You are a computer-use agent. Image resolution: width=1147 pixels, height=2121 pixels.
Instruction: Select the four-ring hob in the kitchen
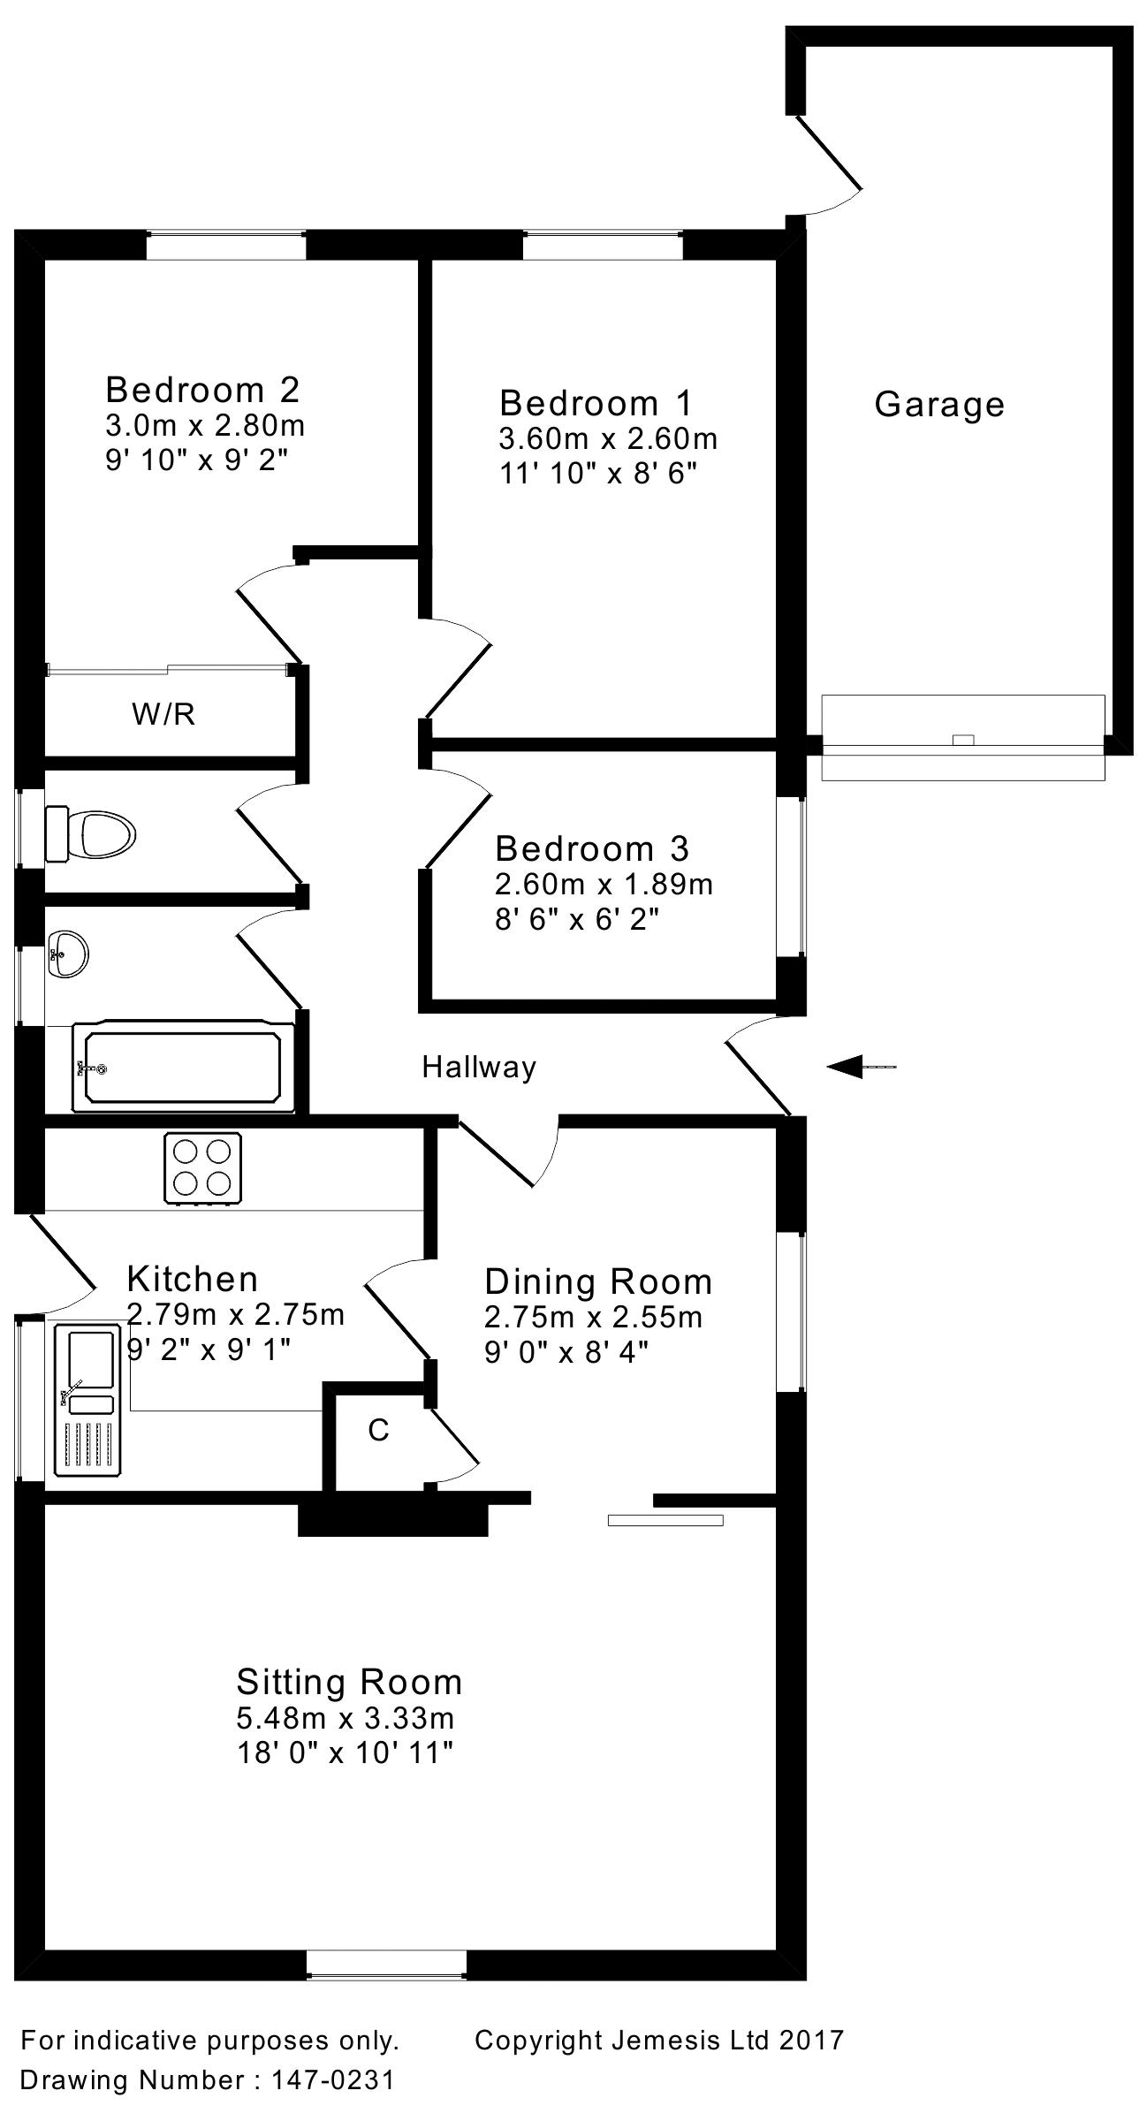[202, 1167]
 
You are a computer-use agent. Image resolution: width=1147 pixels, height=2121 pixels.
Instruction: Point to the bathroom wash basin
[67, 954]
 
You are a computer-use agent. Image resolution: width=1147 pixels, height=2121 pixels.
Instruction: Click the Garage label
[939, 405]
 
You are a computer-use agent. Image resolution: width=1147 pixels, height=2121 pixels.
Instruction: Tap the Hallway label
[479, 1068]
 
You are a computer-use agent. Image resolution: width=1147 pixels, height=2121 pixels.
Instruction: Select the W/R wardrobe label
[163, 713]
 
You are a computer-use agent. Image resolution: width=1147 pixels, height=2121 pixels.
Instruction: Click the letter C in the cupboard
[378, 1429]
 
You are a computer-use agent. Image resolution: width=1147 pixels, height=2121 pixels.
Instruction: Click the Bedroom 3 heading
[591, 848]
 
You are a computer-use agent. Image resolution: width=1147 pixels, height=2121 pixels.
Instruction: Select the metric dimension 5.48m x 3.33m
[346, 1718]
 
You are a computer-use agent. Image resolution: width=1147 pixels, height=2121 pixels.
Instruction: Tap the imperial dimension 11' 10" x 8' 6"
[598, 474]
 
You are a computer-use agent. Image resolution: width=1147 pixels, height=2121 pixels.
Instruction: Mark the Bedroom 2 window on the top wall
[226, 244]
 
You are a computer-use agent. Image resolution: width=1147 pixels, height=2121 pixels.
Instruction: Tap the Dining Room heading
[598, 1281]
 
